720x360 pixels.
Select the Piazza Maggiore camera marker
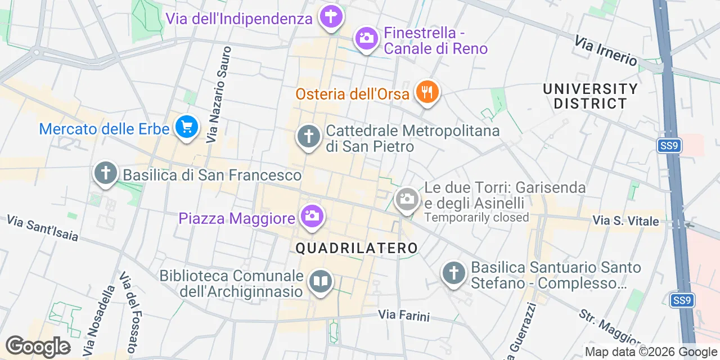(x=311, y=216)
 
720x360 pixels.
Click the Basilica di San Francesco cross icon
(x=106, y=173)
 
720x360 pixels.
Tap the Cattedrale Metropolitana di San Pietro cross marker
(x=308, y=137)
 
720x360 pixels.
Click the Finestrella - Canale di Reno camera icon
(x=366, y=39)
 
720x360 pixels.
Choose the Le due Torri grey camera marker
(x=406, y=199)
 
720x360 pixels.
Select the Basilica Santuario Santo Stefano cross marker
(x=453, y=273)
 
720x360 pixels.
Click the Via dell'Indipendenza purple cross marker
(x=331, y=17)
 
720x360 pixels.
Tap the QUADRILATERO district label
(x=357, y=248)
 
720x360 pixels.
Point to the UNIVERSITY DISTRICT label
(x=590, y=96)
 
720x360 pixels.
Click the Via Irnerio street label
(x=606, y=51)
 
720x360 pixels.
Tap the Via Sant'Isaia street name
(x=43, y=227)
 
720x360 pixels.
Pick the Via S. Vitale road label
(x=625, y=221)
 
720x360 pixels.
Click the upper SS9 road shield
(x=669, y=146)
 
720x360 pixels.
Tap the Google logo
(x=38, y=346)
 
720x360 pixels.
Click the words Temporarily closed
(x=476, y=217)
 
